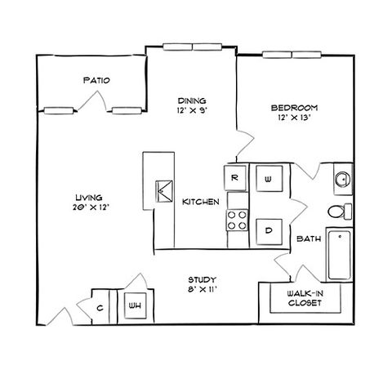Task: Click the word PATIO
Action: [x=96, y=80]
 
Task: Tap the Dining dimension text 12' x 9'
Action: [x=193, y=110]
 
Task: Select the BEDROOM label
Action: [x=294, y=108]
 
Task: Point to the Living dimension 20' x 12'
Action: [x=91, y=207]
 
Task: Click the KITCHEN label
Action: [x=201, y=202]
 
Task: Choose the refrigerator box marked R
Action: [x=234, y=178]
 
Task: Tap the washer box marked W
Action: [x=269, y=179]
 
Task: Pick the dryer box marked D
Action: [x=269, y=231]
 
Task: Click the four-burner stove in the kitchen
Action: [x=237, y=220]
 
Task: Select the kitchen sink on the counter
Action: [x=164, y=191]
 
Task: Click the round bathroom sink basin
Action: [x=342, y=179]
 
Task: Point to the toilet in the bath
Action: [x=340, y=212]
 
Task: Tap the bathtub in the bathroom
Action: [x=339, y=255]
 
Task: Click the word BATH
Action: [x=309, y=238]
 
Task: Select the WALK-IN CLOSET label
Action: [x=305, y=298]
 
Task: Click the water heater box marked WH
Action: [x=135, y=305]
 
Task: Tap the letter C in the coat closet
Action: [x=100, y=308]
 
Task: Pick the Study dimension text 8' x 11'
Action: [x=202, y=289]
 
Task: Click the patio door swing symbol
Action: [x=92, y=101]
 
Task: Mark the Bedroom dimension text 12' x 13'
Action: [x=294, y=118]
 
